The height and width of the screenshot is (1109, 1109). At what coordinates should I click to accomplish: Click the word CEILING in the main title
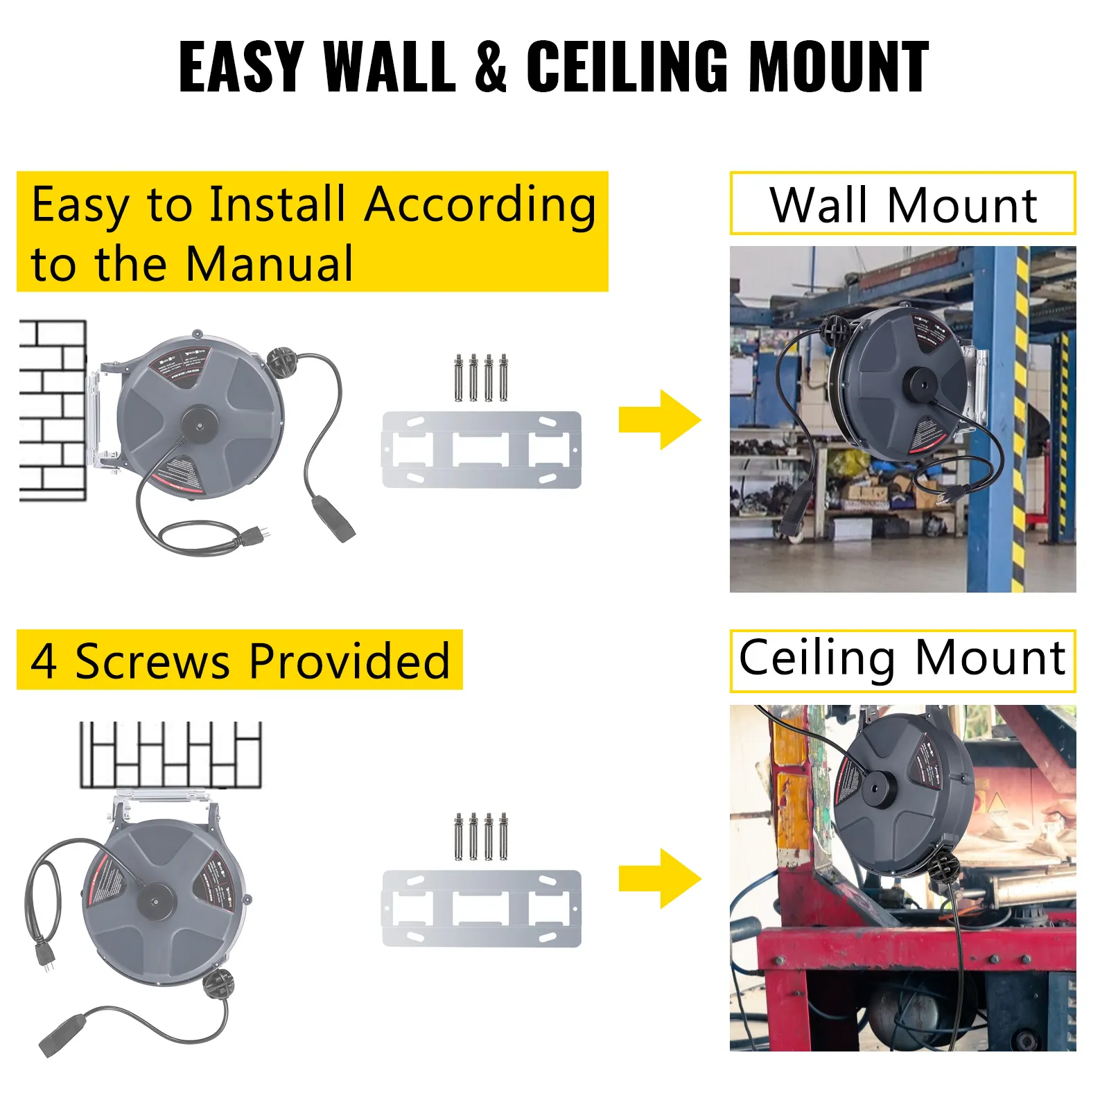coord(627,67)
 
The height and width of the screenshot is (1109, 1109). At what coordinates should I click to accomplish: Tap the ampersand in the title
coord(491,67)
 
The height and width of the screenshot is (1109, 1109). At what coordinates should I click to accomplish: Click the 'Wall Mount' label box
coord(902,204)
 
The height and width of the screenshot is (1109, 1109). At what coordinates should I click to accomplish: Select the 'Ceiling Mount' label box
coord(902,659)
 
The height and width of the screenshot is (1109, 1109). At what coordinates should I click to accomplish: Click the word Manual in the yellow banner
coord(270,264)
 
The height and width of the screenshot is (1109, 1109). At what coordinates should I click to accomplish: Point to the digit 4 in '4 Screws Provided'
coord(44,661)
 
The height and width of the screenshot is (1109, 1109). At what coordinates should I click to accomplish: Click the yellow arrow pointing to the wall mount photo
coord(659,420)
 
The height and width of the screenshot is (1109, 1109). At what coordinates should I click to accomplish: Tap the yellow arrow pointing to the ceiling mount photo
coord(659,878)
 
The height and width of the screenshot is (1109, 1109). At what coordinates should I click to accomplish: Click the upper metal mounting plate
coord(482,450)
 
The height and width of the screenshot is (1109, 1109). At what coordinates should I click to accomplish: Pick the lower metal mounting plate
coord(482,908)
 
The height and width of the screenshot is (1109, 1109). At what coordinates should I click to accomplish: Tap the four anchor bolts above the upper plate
coord(481,378)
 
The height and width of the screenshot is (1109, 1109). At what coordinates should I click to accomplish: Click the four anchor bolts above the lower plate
coord(481,837)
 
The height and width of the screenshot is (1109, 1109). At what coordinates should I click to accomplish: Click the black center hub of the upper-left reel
coord(199,423)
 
